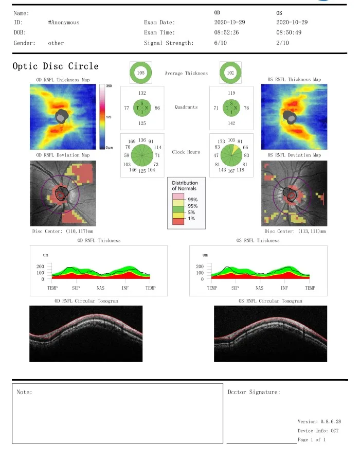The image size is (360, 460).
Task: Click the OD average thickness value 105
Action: [x=141, y=74]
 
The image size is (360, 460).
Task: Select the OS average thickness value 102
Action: [x=231, y=74]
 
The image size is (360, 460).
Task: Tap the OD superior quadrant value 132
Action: [x=142, y=93]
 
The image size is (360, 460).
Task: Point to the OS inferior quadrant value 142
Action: [x=232, y=123]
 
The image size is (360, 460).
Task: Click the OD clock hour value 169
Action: [x=132, y=141]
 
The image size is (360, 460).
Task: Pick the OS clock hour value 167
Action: [x=231, y=171]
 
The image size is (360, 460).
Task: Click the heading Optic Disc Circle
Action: [x=56, y=66]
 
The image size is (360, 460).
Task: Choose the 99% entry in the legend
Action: [x=192, y=199]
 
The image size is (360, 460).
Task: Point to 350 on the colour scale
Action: [x=109, y=85]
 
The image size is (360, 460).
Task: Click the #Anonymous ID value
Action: [x=63, y=23]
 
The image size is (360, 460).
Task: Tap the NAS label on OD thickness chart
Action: [x=101, y=289]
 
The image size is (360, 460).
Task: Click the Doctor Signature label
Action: [x=254, y=392]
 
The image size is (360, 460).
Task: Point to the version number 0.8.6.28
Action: [x=327, y=421]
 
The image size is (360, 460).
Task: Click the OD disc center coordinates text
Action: [x=62, y=232]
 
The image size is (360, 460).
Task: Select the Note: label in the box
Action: [x=24, y=392]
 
